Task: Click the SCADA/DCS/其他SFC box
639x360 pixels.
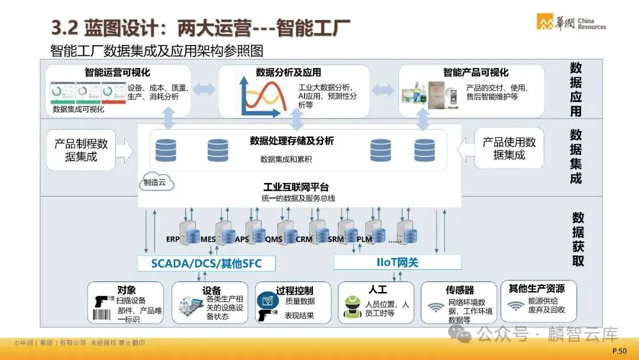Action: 206,262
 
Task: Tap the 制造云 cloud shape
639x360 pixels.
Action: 156,183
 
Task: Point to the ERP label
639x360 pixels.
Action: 173,240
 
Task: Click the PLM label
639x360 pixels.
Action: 364,240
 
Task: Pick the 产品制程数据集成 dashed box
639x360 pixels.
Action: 81,150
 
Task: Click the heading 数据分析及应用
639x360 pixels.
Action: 288,72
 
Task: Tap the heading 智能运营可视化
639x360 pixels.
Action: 117,72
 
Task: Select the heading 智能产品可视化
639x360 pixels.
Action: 476,72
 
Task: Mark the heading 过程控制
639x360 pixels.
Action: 294,290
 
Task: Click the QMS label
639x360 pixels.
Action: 274,240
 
